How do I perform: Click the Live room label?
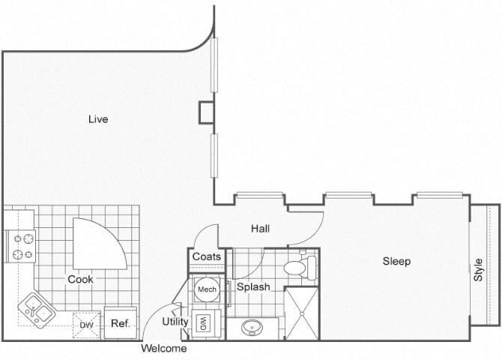click(98, 119)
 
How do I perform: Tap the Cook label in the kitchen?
click(80, 279)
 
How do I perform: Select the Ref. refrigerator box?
click(121, 322)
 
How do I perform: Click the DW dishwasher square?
click(86, 325)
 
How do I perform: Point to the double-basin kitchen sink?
click(37, 310)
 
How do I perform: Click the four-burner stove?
click(21, 246)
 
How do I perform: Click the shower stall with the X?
click(302, 313)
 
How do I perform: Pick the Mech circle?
click(207, 289)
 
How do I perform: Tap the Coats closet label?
click(207, 256)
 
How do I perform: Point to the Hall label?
click(260, 229)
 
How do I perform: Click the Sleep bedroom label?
click(396, 261)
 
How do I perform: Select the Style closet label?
click(478, 270)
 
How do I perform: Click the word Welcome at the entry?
click(164, 348)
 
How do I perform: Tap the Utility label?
click(175, 322)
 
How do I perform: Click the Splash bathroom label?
click(253, 286)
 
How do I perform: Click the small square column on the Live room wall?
click(206, 112)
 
